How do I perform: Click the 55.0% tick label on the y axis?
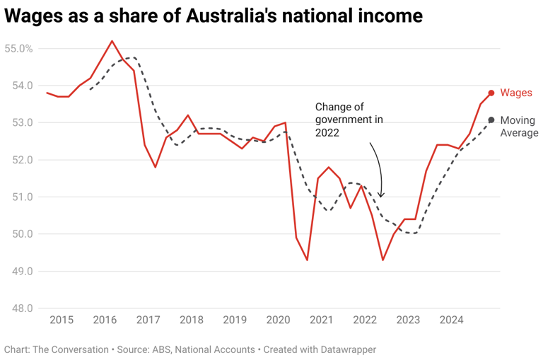[18, 49]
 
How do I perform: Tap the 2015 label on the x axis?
[62, 320]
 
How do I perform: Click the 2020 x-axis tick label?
[278, 320]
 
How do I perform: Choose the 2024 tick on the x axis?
[452, 320]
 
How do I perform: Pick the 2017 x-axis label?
[148, 320]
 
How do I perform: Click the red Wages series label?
[515, 93]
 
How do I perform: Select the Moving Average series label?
[519, 127]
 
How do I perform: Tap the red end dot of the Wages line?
[491, 93]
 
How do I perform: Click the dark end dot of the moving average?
[491, 120]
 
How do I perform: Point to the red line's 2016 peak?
[112, 41]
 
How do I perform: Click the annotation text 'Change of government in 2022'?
[349, 120]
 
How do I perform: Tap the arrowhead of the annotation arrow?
[381, 196]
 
